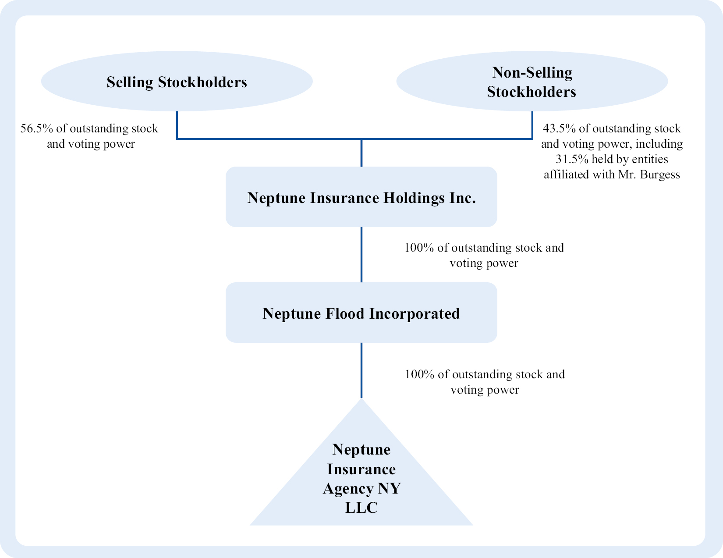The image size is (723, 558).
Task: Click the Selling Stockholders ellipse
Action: [177, 81]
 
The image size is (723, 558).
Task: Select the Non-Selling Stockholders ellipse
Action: [532, 81]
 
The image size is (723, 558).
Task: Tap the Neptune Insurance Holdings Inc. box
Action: [361, 197]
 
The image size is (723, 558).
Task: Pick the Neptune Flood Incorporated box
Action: [361, 313]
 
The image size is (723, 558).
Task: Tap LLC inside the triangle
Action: [361, 508]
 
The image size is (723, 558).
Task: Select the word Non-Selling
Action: [532, 73]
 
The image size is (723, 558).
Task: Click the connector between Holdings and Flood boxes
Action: [361, 255]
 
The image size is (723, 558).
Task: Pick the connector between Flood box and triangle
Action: [361, 370]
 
